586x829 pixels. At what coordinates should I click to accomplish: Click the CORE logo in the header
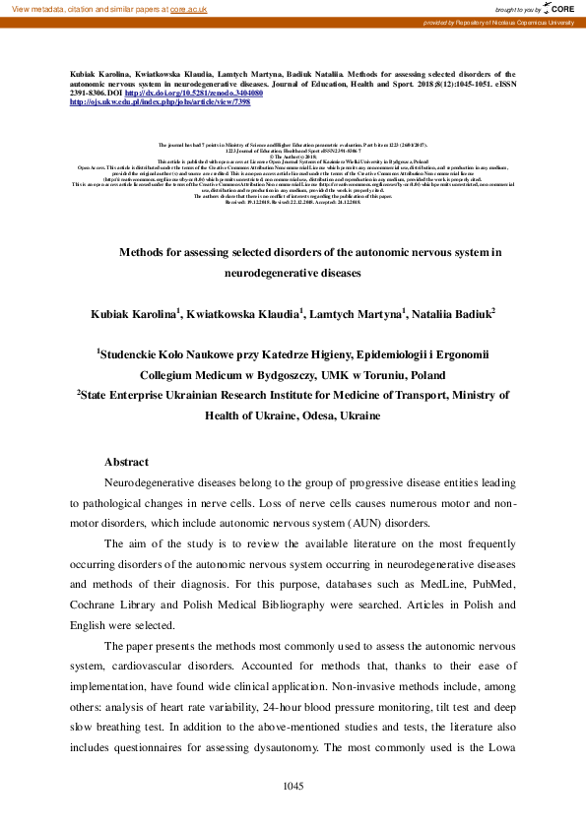(558, 8)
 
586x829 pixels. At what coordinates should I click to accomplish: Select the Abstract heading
(126, 462)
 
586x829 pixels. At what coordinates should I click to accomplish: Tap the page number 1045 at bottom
(293, 786)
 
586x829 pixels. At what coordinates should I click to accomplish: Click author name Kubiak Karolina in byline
(134, 314)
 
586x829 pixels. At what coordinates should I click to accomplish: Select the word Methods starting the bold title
(144, 253)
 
